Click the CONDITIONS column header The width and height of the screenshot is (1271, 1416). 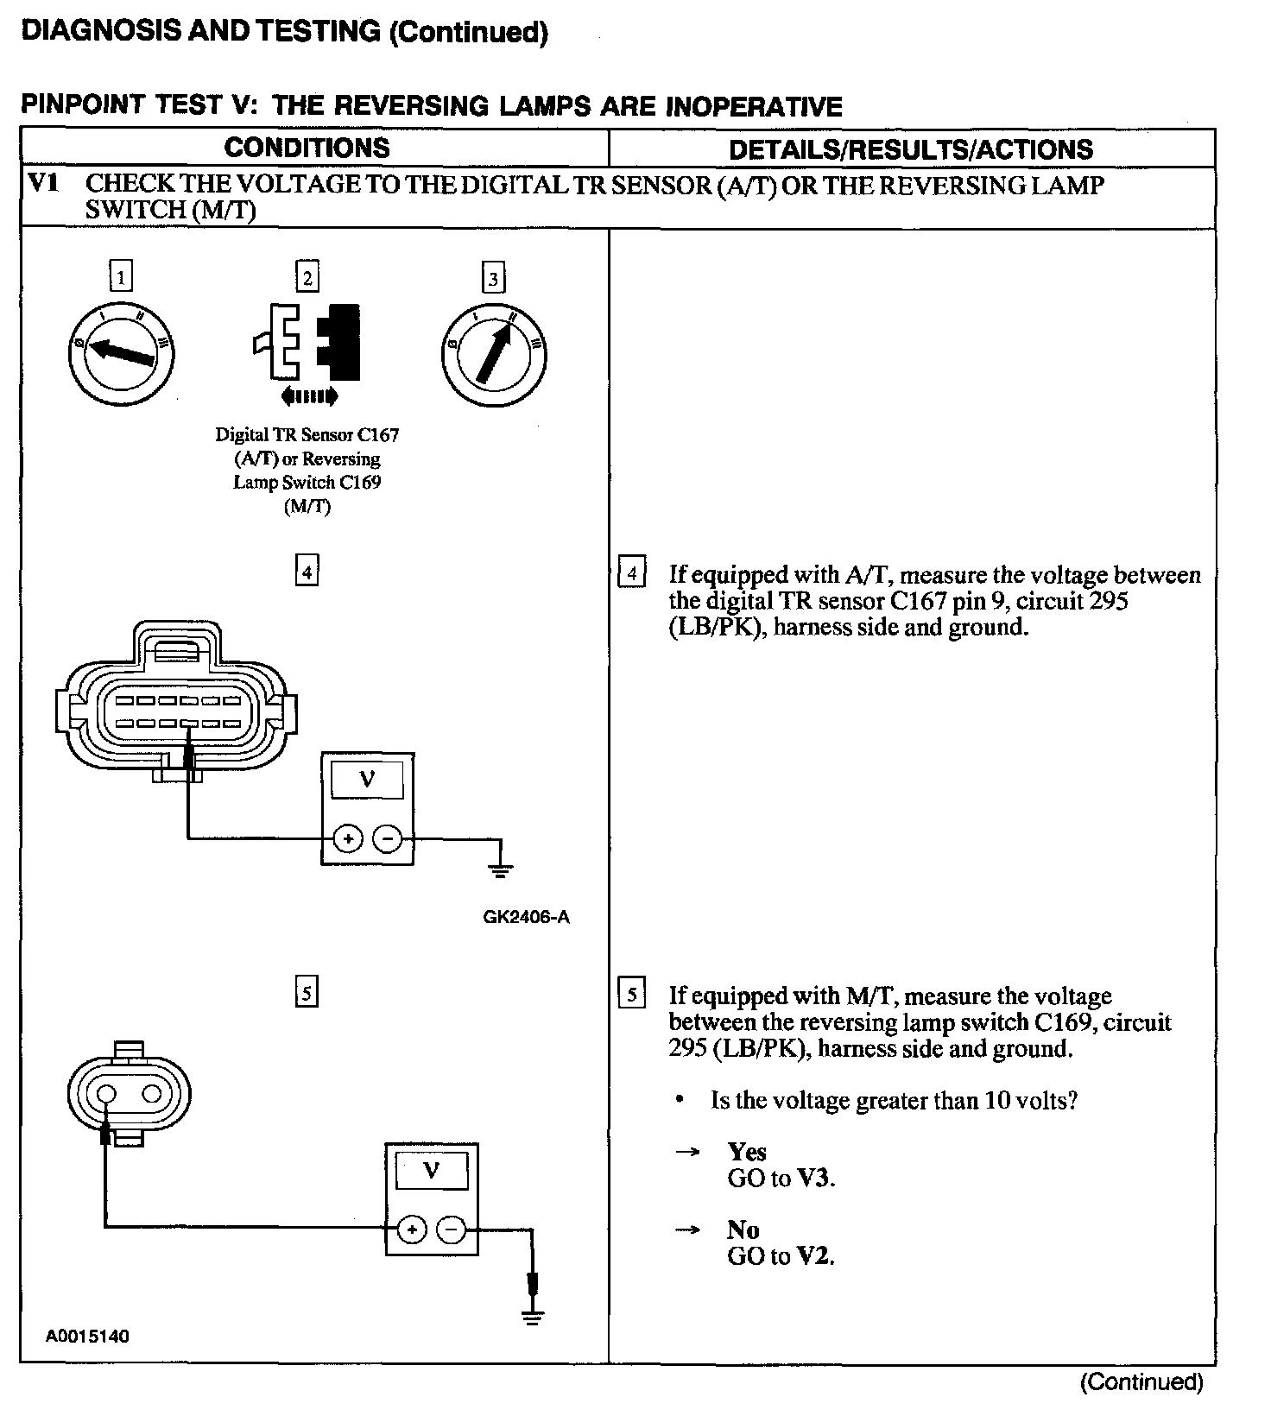coord(307,148)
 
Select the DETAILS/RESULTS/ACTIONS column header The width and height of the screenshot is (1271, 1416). coord(911,149)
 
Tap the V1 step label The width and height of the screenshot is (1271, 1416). coord(44,183)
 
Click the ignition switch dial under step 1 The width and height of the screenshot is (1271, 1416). coord(121,353)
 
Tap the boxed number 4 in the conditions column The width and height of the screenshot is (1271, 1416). coord(307,572)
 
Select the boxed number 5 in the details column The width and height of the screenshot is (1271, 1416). coord(632,995)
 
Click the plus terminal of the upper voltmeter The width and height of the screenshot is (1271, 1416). coord(347,838)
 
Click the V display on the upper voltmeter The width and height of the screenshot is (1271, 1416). coord(368,780)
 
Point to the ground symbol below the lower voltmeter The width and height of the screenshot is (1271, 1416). coord(533,1318)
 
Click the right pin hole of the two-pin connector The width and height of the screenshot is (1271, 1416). coord(153,1094)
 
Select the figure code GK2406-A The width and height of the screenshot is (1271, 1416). coord(526,918)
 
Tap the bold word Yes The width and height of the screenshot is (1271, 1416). coord(747,1152)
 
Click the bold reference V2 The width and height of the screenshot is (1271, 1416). coord(813,1256)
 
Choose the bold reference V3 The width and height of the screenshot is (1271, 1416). coord(815,1179)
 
